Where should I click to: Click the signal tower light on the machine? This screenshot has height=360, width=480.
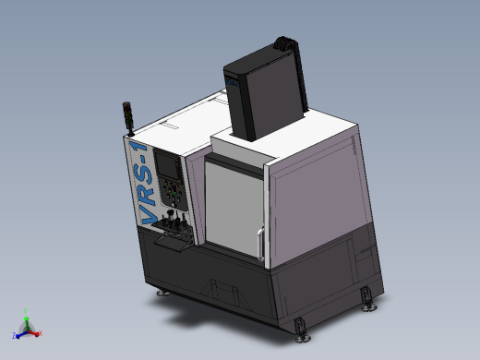pyautogui.click(x=127, y=113)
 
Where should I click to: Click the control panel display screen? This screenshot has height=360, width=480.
pyautogui.click(x=170, y=165)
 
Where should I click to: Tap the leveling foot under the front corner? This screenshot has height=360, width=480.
pyautogui.click(x=300, y=328)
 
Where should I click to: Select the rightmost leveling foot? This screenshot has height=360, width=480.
pyautogui.click(x=368, y=299)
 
